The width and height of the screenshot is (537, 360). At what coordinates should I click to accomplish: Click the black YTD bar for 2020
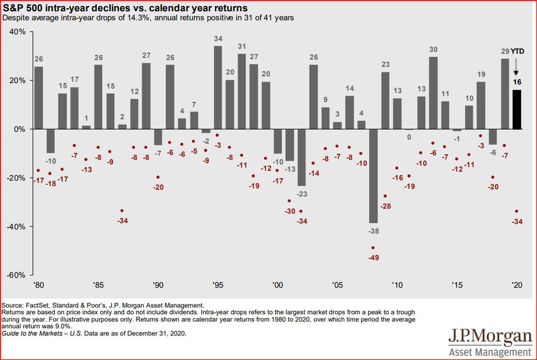pos(517,109)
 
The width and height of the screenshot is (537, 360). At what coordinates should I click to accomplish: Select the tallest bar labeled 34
pos(218,87)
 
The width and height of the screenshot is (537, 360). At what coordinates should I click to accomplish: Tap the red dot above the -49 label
pos(373,248)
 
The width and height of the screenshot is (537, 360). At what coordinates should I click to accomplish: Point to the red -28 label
pos(386,207)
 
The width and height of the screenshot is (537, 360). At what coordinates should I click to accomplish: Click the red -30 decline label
pos(290,211)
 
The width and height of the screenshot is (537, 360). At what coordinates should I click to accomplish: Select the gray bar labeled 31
pos(242,91)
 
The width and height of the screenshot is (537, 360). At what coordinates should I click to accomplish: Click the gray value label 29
pos(505,52)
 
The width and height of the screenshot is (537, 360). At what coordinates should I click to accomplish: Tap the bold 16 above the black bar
pos(517,83)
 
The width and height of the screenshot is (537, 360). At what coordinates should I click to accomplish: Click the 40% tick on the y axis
pos(17,32)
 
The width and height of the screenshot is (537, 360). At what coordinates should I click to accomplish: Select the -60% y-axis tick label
pos(16,275)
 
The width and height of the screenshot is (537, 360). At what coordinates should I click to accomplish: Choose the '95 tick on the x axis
pos(218,284)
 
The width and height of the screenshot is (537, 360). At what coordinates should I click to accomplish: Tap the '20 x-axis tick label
pos(517,284)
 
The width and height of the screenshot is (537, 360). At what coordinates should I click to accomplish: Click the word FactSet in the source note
pos(37,305)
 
